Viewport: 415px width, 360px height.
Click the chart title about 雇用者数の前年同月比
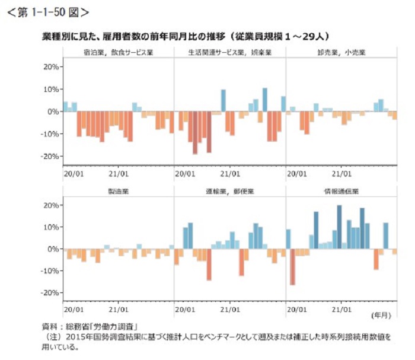click(186, 36)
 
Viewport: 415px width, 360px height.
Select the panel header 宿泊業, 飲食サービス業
click(119, 52)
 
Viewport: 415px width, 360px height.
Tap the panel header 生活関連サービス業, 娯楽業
click(230, 52)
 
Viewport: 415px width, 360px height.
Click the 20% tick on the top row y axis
click(49, 67)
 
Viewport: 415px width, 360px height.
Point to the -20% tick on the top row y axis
click(48, 156)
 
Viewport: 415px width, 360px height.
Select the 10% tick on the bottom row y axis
click(49, 227)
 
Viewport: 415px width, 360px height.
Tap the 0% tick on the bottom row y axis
click(52, 249)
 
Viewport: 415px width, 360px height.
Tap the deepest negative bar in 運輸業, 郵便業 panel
click(209, 265)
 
